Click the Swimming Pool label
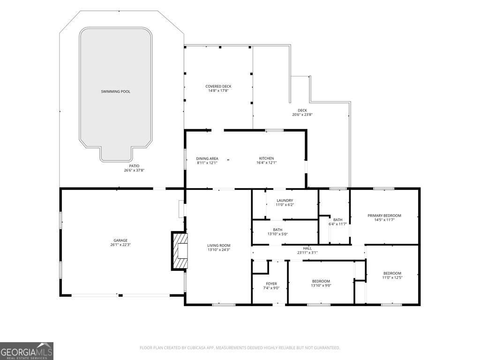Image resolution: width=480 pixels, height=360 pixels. tap(115, 91)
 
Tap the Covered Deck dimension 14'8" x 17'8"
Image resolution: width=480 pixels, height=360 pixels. tap(218, 90)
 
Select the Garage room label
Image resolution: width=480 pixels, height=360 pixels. tap(120, 240)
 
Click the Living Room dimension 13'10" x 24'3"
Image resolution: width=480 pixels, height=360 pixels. tap(218, 250)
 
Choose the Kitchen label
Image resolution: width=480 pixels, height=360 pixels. tap(266, 158)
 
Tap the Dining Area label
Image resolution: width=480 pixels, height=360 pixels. tap(207, 158)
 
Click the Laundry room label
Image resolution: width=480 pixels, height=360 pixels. tap(285, 201)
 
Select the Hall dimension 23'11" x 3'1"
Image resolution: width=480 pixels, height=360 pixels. tap(307, 253)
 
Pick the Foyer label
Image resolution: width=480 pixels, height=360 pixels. tap(271, 284)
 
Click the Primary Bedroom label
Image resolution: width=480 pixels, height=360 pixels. tap(384, 216)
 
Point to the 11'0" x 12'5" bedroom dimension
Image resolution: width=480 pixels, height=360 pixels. tap(392, 277)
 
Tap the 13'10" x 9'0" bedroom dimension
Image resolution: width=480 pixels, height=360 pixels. tap(321, 285)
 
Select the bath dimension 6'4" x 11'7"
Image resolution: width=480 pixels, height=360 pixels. tap(337, 224)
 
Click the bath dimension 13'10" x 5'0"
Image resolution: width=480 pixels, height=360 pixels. tap(277, 234)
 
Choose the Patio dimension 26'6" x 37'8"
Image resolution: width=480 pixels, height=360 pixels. tap(134, 170)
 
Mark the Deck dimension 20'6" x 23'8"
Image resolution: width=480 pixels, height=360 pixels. tap(302, 115)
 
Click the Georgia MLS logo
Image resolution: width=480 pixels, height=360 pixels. tap(27, 351)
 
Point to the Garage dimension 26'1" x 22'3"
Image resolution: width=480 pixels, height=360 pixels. tap(120, 245)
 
